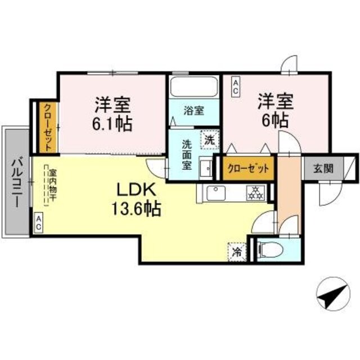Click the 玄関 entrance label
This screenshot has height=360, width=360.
point(323,168)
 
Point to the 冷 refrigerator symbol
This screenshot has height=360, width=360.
point(237,251)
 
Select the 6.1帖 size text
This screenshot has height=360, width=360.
point(114,123)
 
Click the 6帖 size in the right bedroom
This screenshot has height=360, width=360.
point(275,120)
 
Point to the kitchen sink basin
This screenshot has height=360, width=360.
point(215,193)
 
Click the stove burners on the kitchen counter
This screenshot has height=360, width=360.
point(256,193)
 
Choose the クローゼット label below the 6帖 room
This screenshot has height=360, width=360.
point(248,168)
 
